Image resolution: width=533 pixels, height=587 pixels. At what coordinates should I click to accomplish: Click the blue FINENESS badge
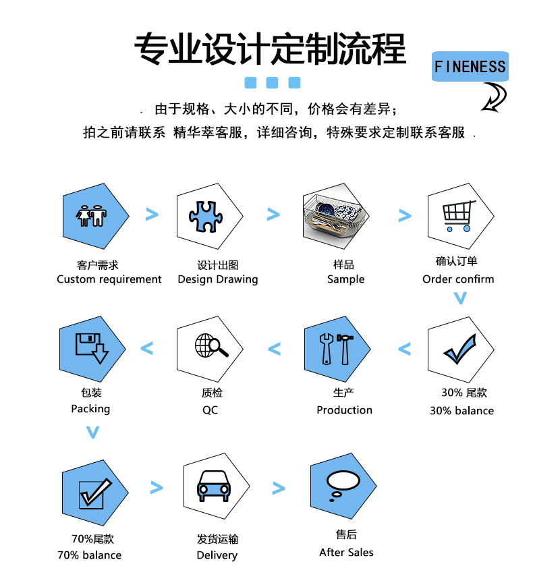coord(470,66)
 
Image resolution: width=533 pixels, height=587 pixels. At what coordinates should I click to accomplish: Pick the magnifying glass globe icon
coord(211,346)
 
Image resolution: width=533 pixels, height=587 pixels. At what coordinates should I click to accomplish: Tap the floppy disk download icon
coord(91,347)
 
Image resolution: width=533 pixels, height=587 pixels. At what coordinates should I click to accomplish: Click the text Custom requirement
coord(109,279)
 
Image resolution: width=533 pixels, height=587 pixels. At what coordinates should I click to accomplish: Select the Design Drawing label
coord(218,279)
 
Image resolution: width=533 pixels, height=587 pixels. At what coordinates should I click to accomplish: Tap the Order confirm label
coord(458,279)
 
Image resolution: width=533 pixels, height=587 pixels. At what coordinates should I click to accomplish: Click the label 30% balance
coord(461,411)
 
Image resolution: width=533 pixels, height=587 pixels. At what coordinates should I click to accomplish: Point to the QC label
coord(211,410)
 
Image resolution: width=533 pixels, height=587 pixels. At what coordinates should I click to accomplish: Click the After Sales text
coord(346,553)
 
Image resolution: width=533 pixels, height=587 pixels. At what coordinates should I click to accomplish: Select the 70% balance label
coord(90,555)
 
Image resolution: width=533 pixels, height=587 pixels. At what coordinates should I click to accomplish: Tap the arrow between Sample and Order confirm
coord(405,216)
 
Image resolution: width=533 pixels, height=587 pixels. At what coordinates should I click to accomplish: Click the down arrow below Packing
coord(93,432)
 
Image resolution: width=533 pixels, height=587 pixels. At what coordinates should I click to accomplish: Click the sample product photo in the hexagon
coord(335,217)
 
